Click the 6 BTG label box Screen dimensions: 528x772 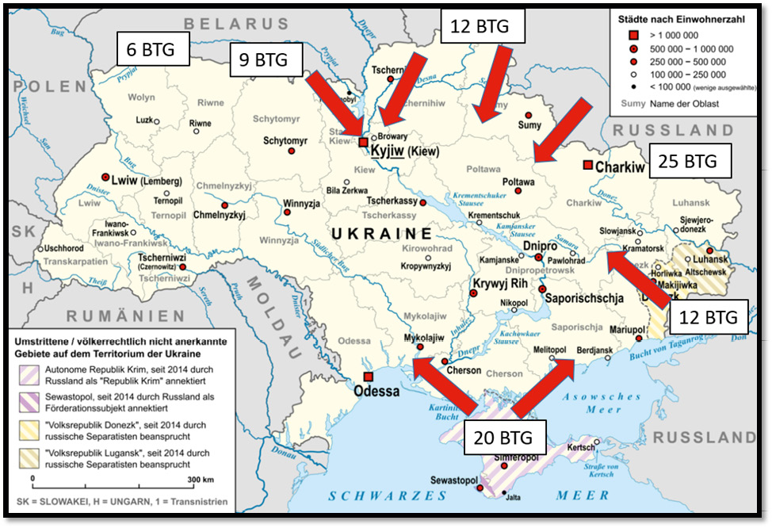click(153, 48)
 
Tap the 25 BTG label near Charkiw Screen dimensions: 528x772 click(688, 162)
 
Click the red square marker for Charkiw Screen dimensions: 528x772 click(587, 165)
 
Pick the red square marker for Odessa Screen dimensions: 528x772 click(367, 376)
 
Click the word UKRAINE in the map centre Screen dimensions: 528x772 click(380, 234)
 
